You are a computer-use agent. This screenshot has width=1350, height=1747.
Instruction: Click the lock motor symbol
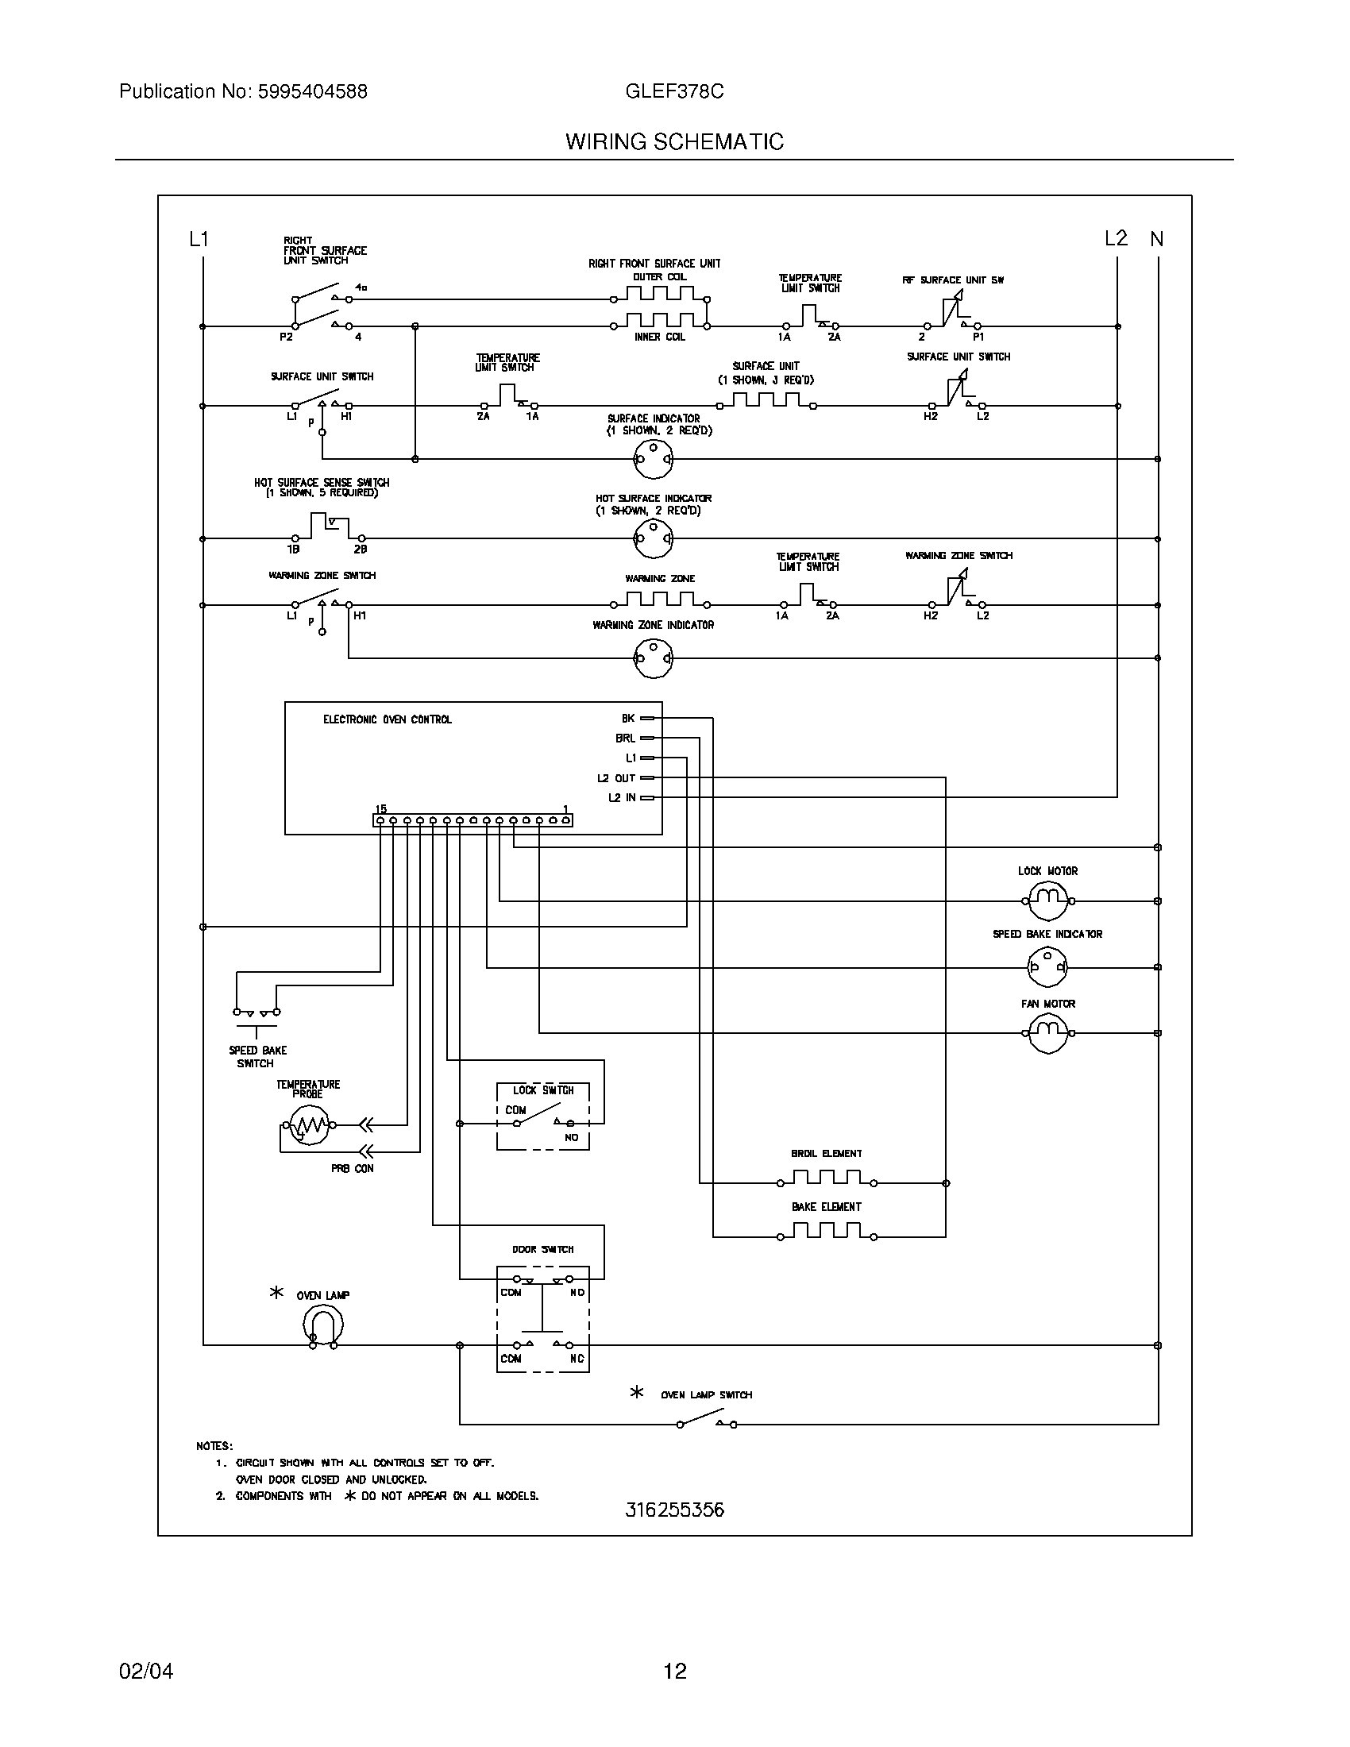[1047, 900]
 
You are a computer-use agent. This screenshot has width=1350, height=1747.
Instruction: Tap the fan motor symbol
[1047, 1033]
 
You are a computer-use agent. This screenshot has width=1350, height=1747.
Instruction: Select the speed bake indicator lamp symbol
[1047, 967]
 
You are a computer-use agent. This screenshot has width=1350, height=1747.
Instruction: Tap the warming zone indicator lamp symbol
[653, 658]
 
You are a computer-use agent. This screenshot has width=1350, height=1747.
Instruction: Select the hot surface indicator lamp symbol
[653, 538]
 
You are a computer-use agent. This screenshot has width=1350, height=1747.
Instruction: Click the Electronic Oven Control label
[387, 719]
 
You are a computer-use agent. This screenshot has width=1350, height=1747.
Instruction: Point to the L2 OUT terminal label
[615, 777]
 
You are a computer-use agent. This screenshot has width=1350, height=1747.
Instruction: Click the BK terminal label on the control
[628, 719]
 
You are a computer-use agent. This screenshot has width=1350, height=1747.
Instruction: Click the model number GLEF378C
[674, 91]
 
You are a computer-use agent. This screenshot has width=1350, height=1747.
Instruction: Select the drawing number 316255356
[674, 1510]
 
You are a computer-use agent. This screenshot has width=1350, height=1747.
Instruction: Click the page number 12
[674, 1670]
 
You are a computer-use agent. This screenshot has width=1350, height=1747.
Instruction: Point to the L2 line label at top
[1115, 238]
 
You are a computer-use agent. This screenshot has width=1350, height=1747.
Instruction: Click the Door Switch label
[543, 1248]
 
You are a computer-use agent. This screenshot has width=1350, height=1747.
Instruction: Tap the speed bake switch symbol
[256, 1017]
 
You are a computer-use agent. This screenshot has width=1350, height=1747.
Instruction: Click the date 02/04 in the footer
[145, 1670]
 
